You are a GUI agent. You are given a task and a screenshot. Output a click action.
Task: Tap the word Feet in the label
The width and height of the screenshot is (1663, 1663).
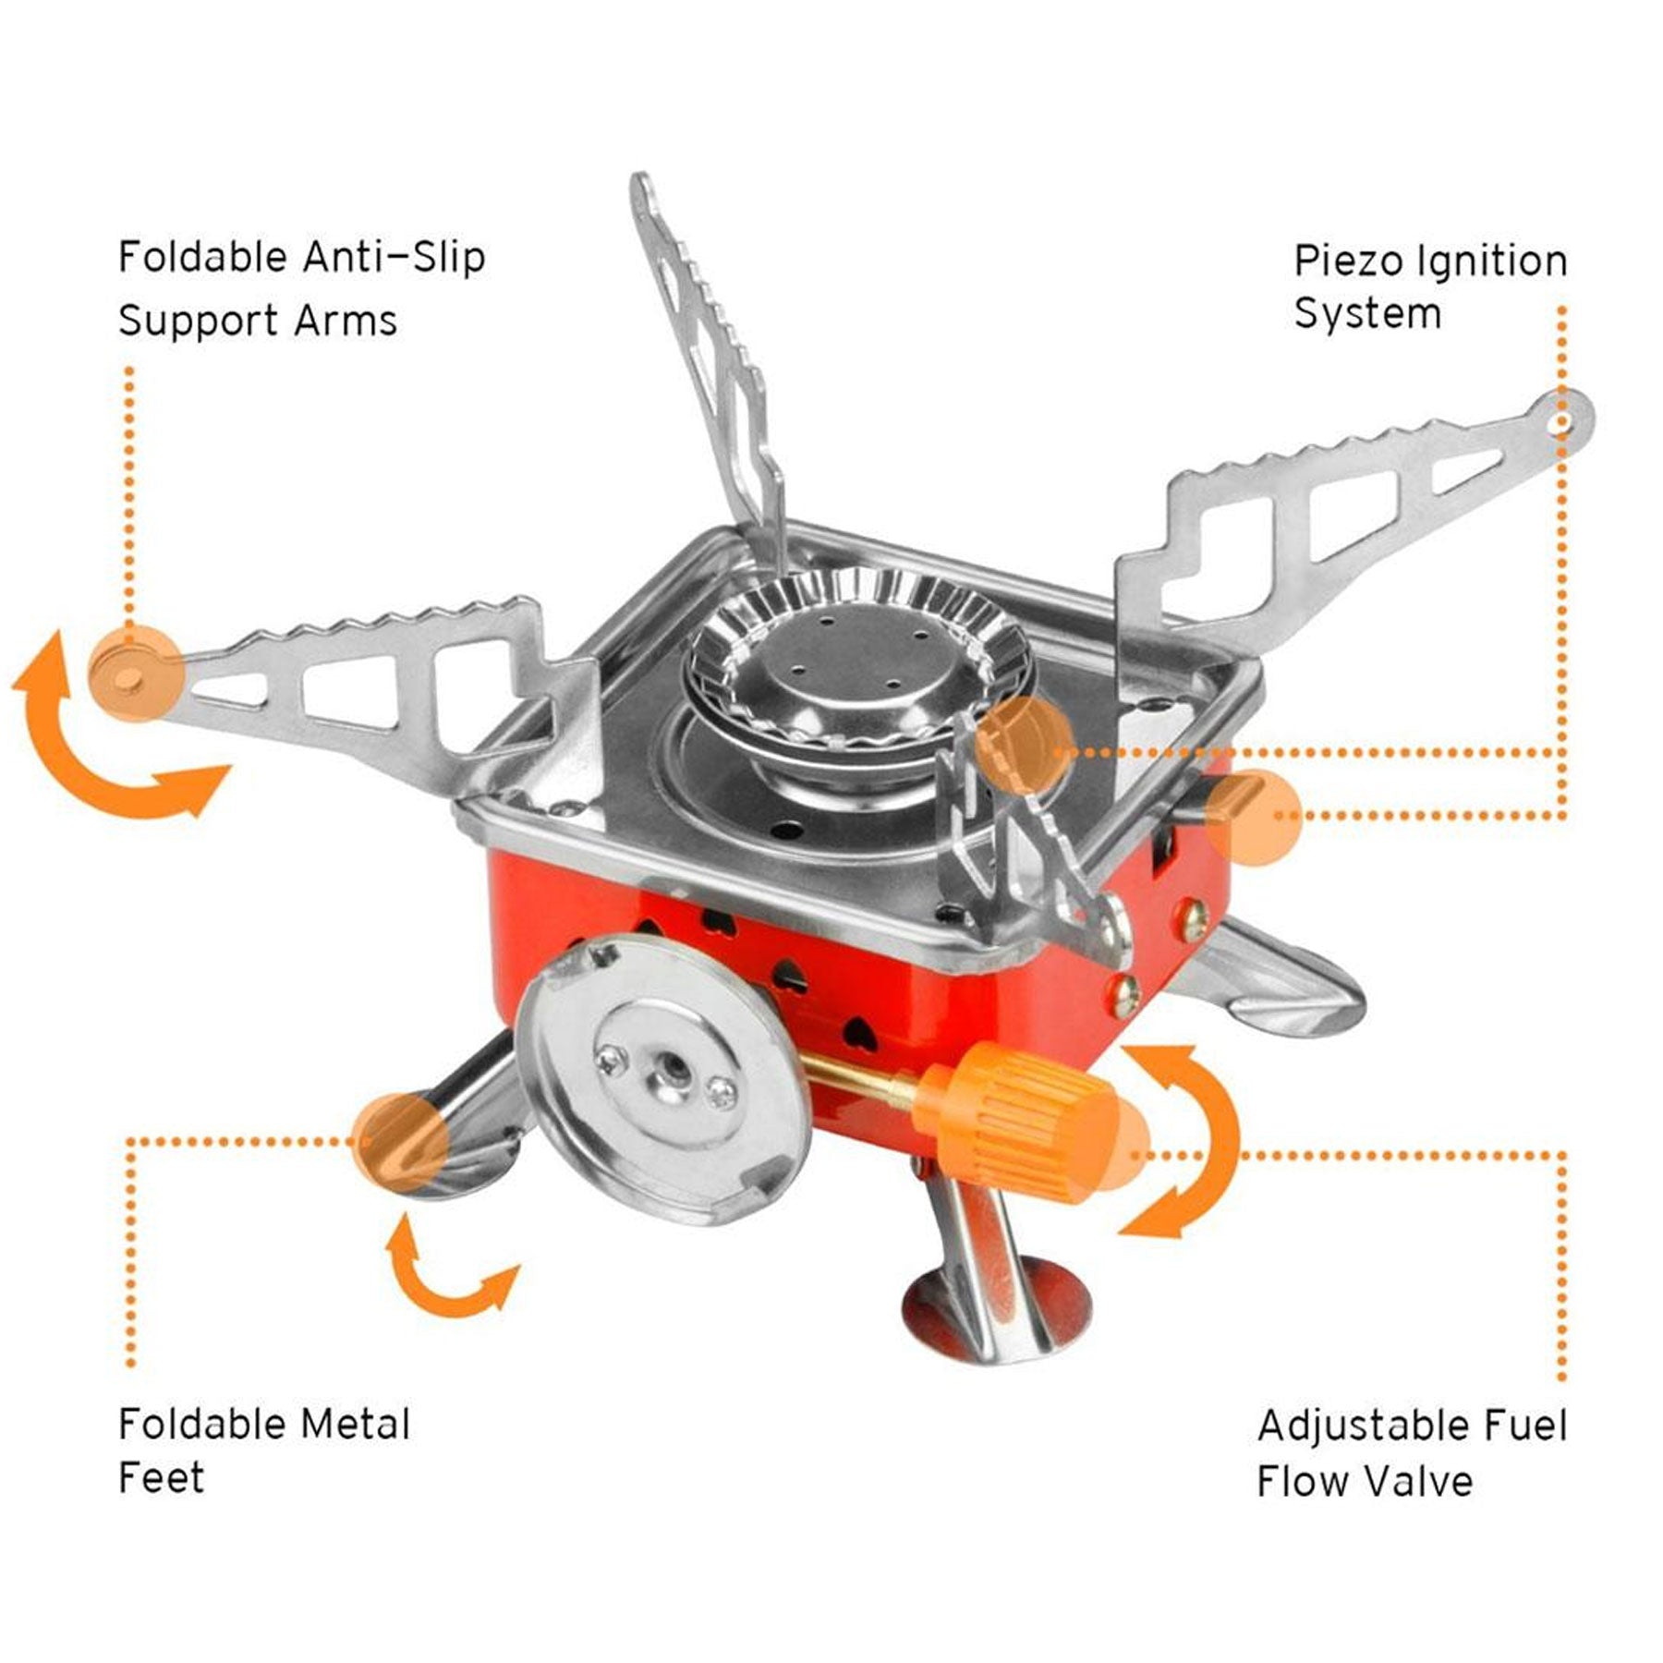(161, 1477)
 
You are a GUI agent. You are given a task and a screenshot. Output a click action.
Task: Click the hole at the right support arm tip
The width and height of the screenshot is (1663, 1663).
(1562, 421)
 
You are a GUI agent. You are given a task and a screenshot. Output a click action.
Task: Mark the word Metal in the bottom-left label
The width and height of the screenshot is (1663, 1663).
(355, 1424)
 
